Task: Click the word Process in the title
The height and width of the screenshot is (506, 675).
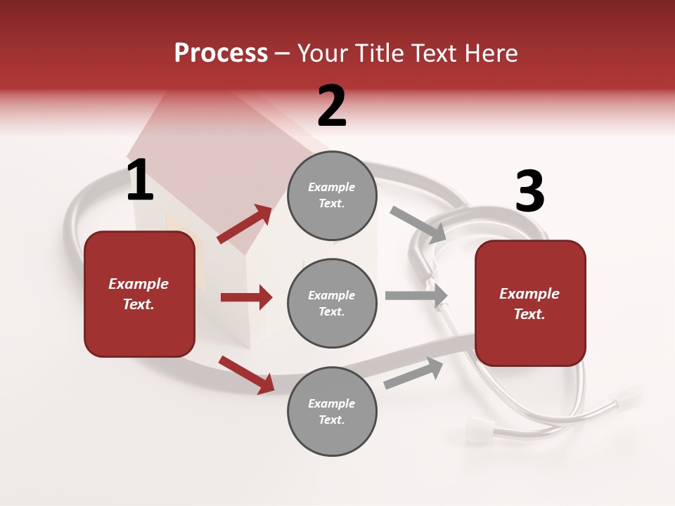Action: pos(221,53)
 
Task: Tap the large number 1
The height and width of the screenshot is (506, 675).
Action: pos(140,181)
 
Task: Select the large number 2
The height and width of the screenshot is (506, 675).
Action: pos(332,106)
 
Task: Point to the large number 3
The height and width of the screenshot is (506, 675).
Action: pos(529,192)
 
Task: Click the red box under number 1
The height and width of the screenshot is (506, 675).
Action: pos(139,294)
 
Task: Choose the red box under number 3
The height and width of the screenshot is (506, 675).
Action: pos(530,303)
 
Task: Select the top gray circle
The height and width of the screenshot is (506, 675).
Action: pos(332,195)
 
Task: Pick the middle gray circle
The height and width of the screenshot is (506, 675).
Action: pos(332,303)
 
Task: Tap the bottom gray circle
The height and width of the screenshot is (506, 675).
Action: pos(332,411)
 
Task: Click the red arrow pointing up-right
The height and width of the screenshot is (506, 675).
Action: pos(245,224)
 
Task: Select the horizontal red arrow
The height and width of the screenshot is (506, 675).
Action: pos(246,297)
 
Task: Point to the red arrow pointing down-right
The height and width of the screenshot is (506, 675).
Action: pos(246,374)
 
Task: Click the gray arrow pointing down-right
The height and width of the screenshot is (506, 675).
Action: pos(418,225)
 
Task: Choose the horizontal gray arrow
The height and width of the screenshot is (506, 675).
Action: pos(416,295)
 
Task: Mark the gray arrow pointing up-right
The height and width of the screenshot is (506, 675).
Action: pos(413,372)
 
